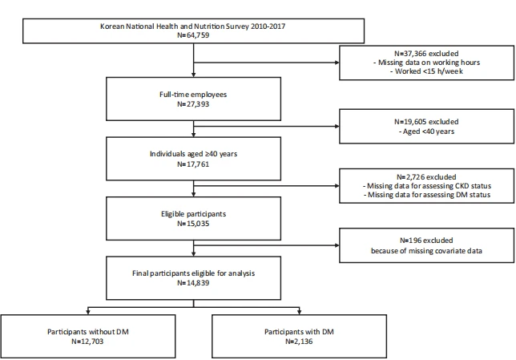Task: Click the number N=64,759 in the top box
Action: (193, 35)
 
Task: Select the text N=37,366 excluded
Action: (426, 54)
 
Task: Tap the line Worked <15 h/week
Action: (427, 71)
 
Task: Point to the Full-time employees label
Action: (193, 95)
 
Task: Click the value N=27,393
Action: (193, 104)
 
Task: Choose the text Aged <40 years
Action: (426, 131)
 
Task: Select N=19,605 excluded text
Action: (426, 122)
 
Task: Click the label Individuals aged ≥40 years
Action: (194, 154)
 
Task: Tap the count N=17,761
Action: (193, 164)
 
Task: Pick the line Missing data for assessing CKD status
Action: (427, 186)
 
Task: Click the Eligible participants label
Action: (194, 214)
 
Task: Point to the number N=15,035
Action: (193, 224)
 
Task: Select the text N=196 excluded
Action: (426, 241)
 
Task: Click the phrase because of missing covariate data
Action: (426, 251)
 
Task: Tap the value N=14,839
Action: (193, 283)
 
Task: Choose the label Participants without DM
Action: (88, 332)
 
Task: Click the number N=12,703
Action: (87, 342)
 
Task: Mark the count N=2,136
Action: (299, 342)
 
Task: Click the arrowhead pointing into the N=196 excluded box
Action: (337, 245)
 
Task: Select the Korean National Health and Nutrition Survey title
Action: (193, 26)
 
